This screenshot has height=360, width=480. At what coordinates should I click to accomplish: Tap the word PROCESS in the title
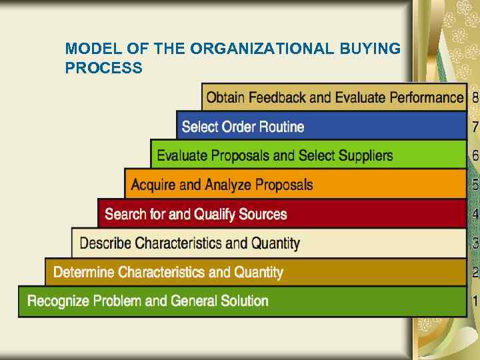(103, 68)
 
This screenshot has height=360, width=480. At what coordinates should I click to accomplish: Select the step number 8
(475, 97)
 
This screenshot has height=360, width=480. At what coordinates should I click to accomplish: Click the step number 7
(475, 127)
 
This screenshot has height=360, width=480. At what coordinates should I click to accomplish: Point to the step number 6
(475, 156)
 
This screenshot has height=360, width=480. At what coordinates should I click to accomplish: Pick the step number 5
(475, 185)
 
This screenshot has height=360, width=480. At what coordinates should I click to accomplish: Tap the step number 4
(475, 214)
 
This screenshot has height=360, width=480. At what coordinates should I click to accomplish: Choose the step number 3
(475, 243)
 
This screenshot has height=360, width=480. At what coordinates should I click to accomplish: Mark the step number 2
(475, 272)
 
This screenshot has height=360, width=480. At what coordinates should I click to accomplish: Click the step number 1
(475, 301)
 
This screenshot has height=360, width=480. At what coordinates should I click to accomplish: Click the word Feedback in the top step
(279, 97)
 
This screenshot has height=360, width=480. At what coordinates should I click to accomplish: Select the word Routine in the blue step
(281, 127)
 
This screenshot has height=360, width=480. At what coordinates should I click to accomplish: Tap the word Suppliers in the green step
(361, 156)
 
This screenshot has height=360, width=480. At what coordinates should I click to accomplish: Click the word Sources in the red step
(263, 214)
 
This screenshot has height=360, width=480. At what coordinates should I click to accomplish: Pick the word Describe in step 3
(105, 243)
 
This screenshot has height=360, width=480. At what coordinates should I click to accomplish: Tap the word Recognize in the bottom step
(58, 301)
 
